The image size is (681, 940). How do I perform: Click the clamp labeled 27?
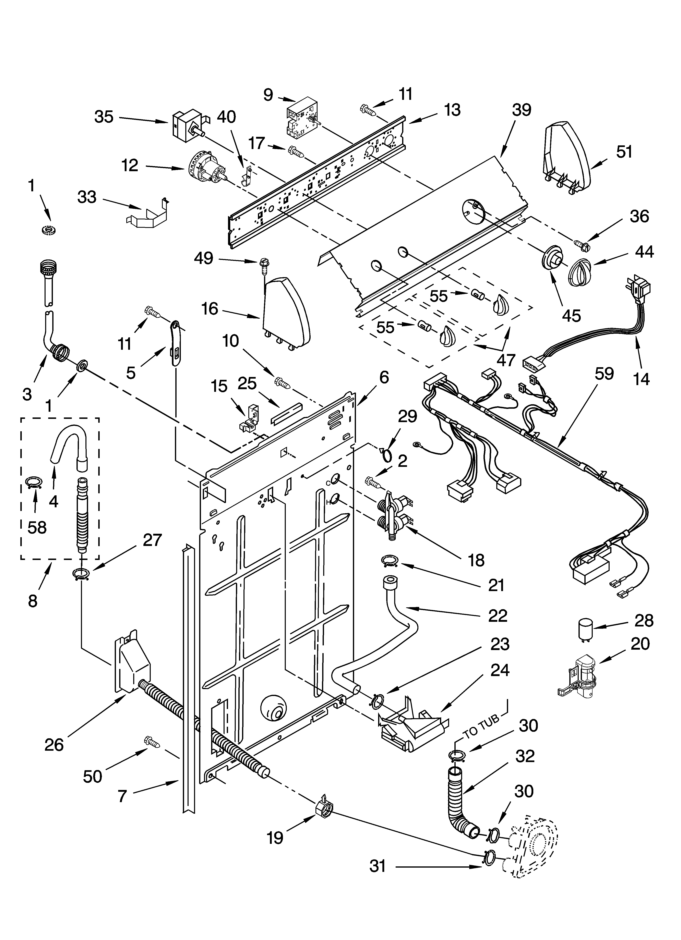[x=81, y=574]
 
